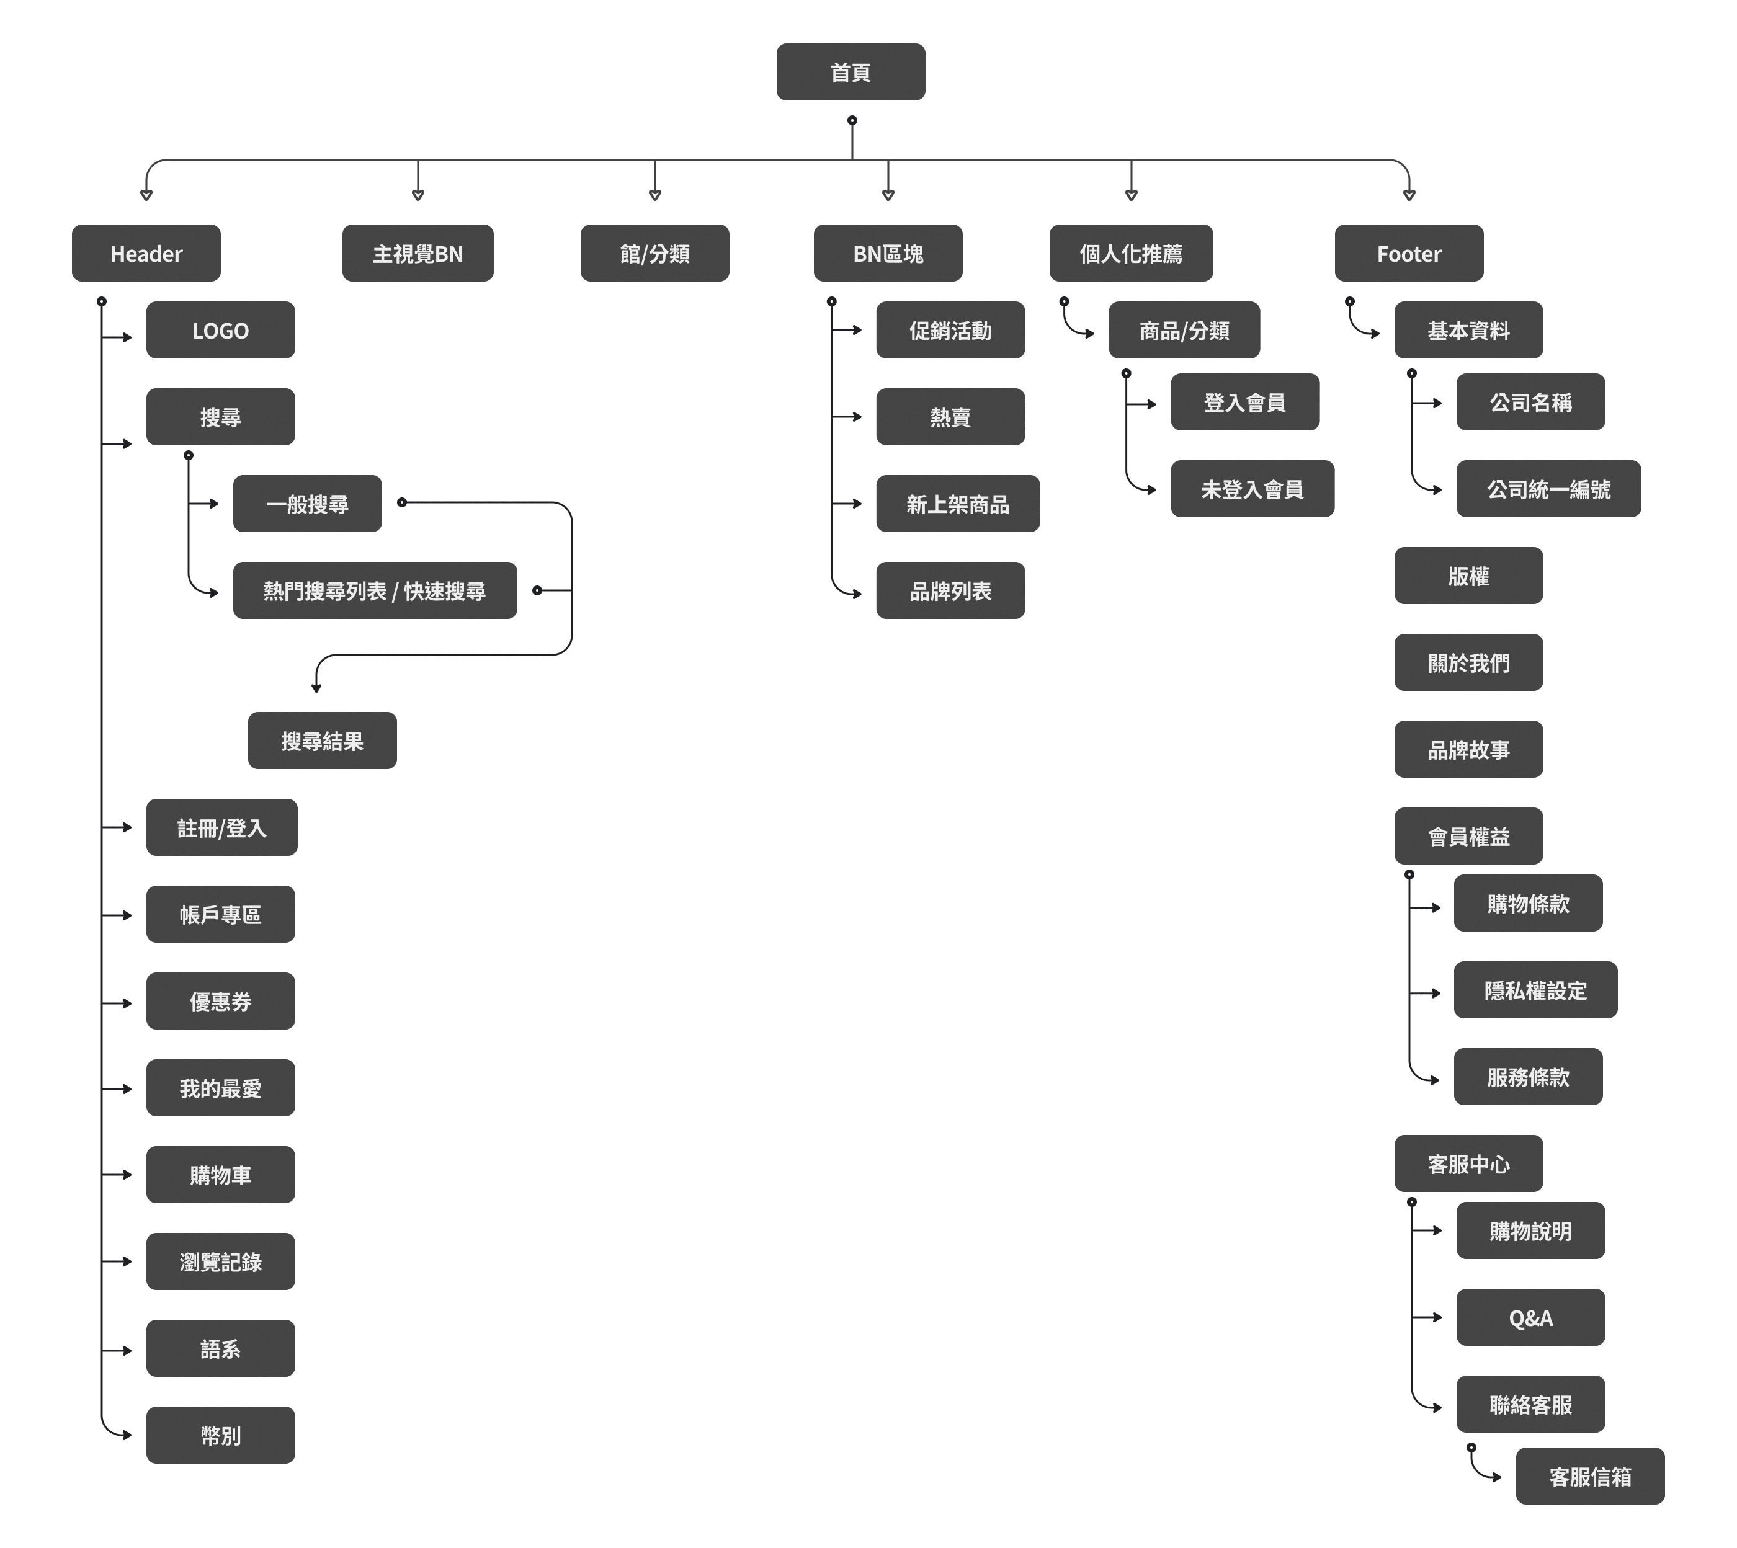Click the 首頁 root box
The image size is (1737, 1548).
pyautogui.click(x=850, y=73)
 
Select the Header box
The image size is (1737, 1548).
pyautogui.click(x=146, y=254)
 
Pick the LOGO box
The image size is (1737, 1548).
pyautogui.click(x=220, y=330)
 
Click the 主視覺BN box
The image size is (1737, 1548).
pyautogui.click(x=418, y=254)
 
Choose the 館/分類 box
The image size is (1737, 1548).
pyautogui.click(x=654, y=254)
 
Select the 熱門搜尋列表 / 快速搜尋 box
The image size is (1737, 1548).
pyautogui.click(x=374, y=590)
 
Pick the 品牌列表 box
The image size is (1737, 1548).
pyautogui.click(x=950, y=590)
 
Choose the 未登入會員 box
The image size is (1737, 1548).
pyautogui.click(x=1251, y=489)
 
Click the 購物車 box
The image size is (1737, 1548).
pyautogui.click(x=220, y=1175)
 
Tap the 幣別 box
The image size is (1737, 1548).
pyautogui.click(x=220, y=1436)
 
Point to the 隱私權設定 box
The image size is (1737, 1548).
pyautogui.click(x=1535, y=990)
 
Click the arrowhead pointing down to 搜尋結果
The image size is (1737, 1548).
pyautogui.click(x=316, y=687)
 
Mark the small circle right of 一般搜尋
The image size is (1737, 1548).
pyautogui.click(x=401, y=503)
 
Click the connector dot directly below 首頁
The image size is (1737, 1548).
pyautogui.click(x=852, y=121)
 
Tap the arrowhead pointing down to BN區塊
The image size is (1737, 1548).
pyautogui.click(x=888, y=195)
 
